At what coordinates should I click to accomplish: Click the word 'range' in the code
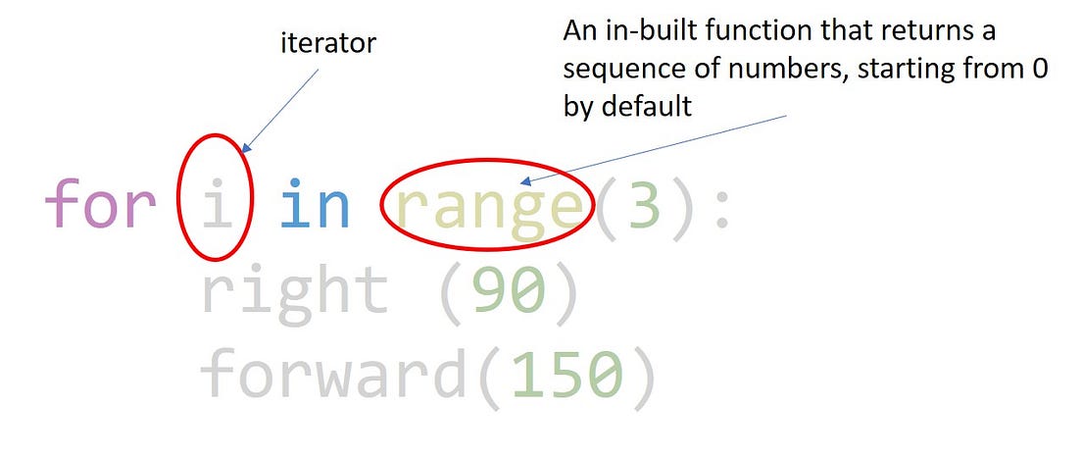(487, 208)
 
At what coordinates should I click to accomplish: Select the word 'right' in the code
(294, 292)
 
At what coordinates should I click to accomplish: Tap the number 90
(507, 292)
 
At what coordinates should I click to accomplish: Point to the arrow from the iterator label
(283, 110)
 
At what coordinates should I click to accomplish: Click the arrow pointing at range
(654, 149)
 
